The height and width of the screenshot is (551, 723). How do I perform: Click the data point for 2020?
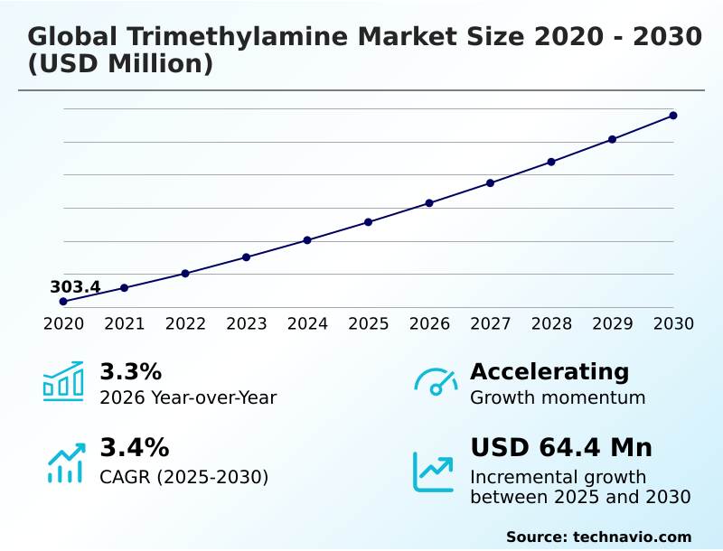point(63,301)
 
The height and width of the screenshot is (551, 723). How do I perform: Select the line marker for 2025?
point(369,221)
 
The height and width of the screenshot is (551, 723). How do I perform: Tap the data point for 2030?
point(673,116)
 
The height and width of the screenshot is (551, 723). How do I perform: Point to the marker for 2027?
point(490,182)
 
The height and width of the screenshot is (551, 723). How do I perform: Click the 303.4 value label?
point(75,287)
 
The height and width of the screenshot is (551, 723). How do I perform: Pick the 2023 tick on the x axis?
point(246,323)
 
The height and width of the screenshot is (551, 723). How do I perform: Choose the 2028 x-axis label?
point(551,323)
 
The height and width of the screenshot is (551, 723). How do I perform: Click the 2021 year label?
point(124,323)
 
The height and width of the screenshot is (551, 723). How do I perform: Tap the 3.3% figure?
point(130,371)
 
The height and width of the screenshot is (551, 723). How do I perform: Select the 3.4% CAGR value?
point(134,447)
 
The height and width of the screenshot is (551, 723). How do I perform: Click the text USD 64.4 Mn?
point(560,447)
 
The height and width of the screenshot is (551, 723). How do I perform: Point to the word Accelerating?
point(549,371)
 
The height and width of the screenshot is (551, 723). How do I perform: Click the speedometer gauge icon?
point(436,382)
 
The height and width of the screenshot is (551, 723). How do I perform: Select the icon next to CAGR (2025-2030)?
point(65,462)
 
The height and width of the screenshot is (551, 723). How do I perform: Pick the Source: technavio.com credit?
point(598,537)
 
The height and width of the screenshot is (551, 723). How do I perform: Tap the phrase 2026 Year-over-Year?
point(188,397)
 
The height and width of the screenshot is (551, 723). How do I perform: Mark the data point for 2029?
point(612,139)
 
